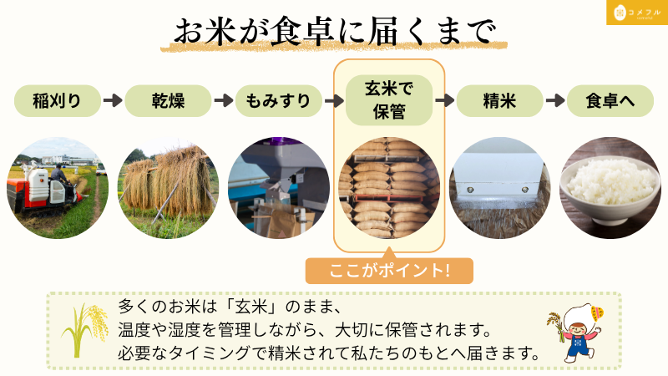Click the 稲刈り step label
pyautogui.click(x=58, y=101)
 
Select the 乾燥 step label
pyautogui.click(x=168, y=101)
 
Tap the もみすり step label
pyautogui.click(x=279, y=101)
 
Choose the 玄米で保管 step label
pyautogui.click(x=389, y=100)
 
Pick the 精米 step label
pyautogui.click(x=499, y=101)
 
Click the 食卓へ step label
pyautogui.click(x=610, y=101)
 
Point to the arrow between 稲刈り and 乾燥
pyautogui.click(x=113, y=100)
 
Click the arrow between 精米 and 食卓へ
pyautogui.click(x=555, y=100)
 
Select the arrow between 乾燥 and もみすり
pyautogui.click(x=224, y=100)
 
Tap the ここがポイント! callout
pyautogui.click(x=389, y=270)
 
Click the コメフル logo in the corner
pyautogui.click(x=637, y=13)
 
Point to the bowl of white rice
pyautogui.click(x=610, y=191)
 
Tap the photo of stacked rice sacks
pyautogui.click(x=389, y=187)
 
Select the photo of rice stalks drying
pyautogui.click(x=168, y=187)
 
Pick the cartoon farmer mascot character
pyautogui.click(x=576, y=332)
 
